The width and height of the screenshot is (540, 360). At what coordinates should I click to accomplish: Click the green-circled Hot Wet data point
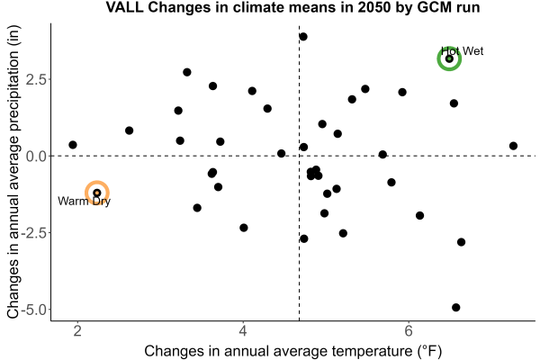pyautogui.click(x=449, y=58)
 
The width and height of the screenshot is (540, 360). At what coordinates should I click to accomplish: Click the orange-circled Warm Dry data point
pyautogui.click(x=97, y=193)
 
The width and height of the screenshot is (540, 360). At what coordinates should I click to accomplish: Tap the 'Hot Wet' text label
pyautogui.click(x=463, y=51)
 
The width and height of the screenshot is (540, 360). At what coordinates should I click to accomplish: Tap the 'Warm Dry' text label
pyautogui.click(x=84, y=201)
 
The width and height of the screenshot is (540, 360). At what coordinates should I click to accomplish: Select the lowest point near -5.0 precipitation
pyautogui.click(x=456, y=307)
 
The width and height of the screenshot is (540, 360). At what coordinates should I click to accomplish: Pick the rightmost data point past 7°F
pyautogui.click(x=513, y=146)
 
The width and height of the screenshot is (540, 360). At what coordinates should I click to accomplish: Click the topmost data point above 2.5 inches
pyautogui.click(x=303, y=37)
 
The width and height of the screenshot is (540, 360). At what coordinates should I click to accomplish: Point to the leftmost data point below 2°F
pyautogui.click(x=73, y=145)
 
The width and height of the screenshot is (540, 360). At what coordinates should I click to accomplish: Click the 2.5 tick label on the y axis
pyautogui.click(x=36, y=79)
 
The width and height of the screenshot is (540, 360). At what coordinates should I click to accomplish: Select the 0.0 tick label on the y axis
pyautogui.click(x=36, y=156)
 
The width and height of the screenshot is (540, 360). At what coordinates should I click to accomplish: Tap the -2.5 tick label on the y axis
pyautogui.click(x=33, y=233)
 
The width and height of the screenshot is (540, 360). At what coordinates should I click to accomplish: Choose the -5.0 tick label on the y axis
pyautogui.click(x=33, y=310)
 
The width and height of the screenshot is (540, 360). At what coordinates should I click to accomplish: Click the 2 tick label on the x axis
pyautogui.click(x=77, y=331)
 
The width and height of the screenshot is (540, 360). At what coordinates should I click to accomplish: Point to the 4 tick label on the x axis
pyautogui.click(x=243, y=331)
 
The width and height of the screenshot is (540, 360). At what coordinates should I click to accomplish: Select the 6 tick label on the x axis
pyautogui.click(x=409, y=331)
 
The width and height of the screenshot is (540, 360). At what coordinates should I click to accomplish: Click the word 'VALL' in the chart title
pyautogui.click(x=124, y=7)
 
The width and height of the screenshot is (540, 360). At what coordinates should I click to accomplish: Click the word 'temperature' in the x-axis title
pyautogui.click(x=372, y=351)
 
